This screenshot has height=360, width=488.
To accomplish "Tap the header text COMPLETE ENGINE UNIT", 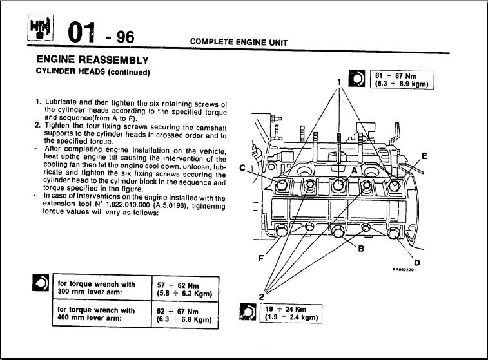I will pyautogui.click(x=239, y=43).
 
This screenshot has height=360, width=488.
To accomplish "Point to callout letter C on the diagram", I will pyautogui.click(x=242, y=168).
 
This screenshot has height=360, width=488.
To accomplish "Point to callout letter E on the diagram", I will pyautogui.click(x=424, y=155).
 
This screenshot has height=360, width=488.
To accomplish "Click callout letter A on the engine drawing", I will pyautogui.click(x=353, y=170).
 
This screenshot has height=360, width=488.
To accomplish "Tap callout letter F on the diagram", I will pyautogui.click(x=261, y=259).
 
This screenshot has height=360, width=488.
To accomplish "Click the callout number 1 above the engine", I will pyautogui.click(x=338, y=82).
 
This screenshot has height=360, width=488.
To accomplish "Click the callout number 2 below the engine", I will pyautogui.click(x=262, y=297).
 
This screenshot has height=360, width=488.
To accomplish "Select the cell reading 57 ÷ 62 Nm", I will pyautogui.click(x=184, y=289).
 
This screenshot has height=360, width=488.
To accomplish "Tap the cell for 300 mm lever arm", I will pyautogui.click(x=97, y=289).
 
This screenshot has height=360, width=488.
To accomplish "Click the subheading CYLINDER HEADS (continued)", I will pyautogui.click(x=93, y=71).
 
